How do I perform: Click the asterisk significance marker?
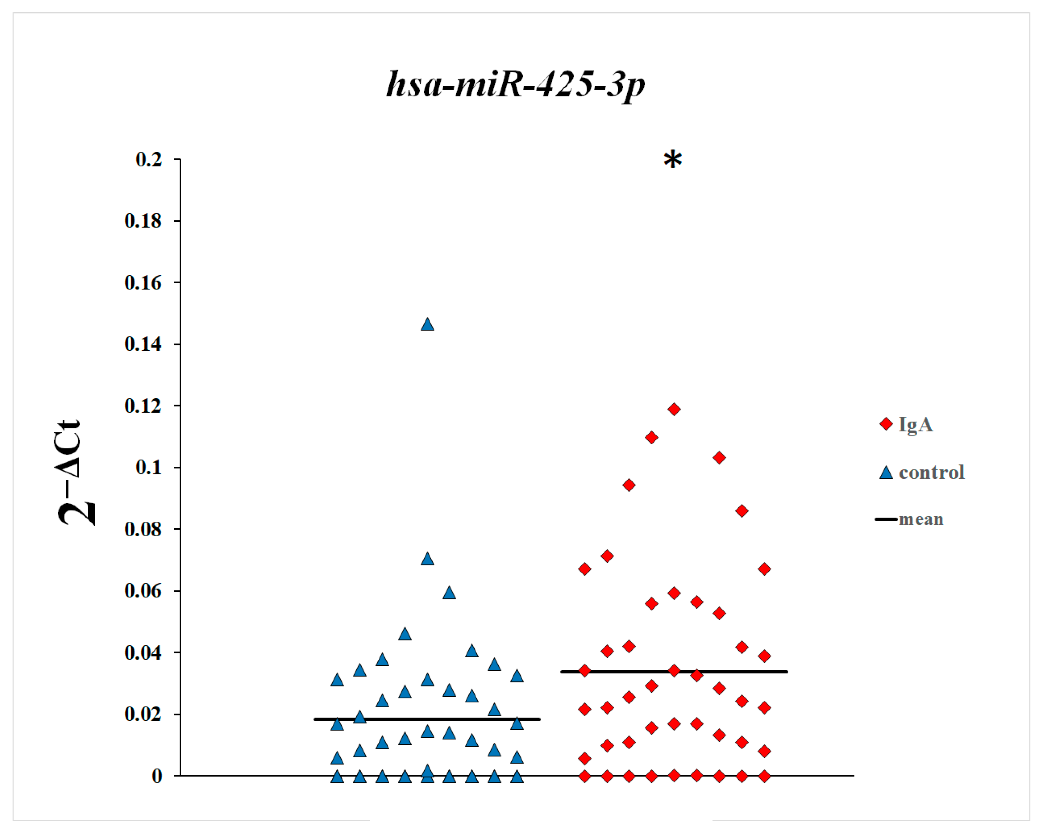point(672,160)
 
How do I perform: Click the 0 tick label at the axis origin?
point(157,776)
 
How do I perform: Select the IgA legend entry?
point(915,424)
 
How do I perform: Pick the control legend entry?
point(930,472)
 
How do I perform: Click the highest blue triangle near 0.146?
point(427,325)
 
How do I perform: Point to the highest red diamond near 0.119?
point(673,409)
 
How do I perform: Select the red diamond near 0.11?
point(651,437)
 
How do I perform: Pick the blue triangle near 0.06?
point(449,593)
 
